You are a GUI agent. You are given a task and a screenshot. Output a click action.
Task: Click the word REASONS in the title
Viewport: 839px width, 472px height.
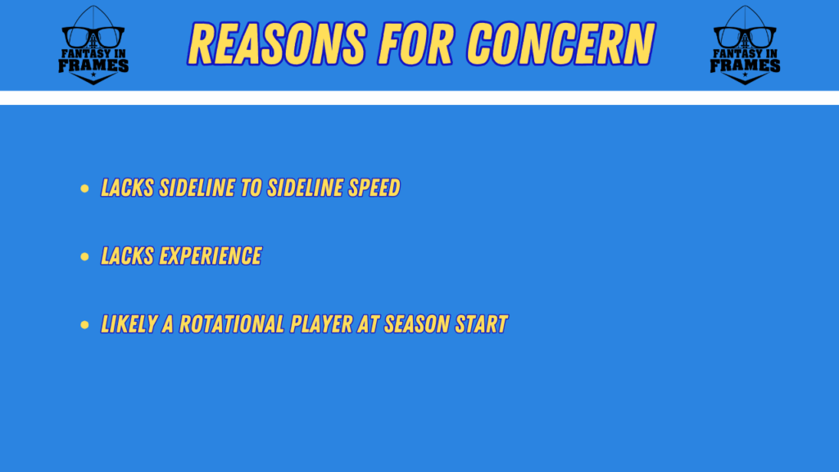point(277,43)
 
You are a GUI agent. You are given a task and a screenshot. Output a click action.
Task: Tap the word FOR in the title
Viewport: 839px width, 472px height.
point(416,43)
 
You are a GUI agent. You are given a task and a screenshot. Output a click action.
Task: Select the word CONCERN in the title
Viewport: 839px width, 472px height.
point(560,43)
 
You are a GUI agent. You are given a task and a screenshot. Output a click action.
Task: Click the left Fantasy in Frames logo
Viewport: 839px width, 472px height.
point(93,45)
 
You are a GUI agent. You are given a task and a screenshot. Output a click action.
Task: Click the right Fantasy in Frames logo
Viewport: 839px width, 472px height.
point(745,45)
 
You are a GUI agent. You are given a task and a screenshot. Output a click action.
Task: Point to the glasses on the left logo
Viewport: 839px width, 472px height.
point(93,37)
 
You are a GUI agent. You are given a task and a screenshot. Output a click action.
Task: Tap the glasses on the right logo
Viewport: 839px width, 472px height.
point(745,37)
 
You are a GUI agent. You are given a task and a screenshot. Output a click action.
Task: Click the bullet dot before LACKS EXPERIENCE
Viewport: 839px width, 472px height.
point(84,256)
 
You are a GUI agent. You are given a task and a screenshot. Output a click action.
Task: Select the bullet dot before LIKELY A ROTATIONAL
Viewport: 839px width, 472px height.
point(84,324)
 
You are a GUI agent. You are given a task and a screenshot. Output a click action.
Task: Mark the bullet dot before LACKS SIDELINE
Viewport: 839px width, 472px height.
point(84,188)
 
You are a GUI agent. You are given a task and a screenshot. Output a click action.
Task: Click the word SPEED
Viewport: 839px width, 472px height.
point(374,188)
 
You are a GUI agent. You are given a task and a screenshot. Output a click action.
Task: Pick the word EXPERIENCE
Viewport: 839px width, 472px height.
point(211,256)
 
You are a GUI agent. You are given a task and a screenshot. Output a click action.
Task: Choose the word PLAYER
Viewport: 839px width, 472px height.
point(320,324)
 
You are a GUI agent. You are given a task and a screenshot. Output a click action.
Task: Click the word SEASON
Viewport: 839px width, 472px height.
point(416,324)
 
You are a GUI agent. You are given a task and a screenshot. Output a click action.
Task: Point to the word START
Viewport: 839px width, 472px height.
point(481,324)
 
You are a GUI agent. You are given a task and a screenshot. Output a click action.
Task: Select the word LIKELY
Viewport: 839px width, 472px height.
point(129,324)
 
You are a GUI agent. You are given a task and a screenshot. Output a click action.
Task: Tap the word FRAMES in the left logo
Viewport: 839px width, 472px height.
point(93,66)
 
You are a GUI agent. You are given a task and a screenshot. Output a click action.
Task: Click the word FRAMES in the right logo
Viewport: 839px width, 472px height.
point(745,66)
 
